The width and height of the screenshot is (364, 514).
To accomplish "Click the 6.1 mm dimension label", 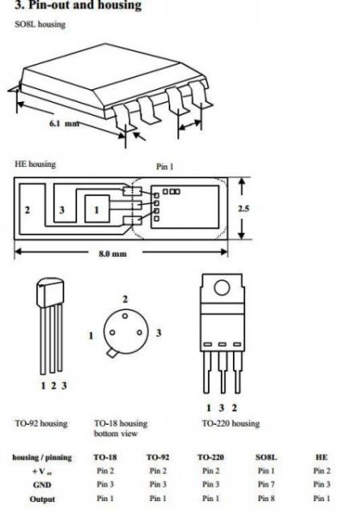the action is click(64, 123).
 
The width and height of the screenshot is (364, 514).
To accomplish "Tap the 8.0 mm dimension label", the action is click(112, 254).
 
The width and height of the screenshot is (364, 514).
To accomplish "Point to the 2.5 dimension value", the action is click(243, 208).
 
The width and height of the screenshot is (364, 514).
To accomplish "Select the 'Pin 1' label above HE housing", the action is click(164, 166).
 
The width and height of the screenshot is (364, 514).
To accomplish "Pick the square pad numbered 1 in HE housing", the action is click(97, 209).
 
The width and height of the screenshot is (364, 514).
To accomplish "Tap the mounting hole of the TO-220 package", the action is click(222, 288).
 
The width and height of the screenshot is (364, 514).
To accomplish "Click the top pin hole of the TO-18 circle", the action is click(125, 316).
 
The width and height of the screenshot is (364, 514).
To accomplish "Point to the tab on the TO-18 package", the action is click(111, 353).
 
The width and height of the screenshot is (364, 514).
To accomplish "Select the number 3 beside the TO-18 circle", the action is click(158, 333).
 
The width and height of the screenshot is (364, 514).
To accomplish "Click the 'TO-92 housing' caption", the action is click(41, 423).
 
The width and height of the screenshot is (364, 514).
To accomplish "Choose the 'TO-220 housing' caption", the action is click(230, 423).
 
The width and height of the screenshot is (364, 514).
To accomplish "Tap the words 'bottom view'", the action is click(116, 433).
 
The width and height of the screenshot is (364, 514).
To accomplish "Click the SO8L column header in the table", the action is click(266, 457).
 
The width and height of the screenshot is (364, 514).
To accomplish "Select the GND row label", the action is click(42, 485).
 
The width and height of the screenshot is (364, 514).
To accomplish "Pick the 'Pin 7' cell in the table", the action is click(266, 484).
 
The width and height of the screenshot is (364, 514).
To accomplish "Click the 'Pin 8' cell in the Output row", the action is click(266, 499).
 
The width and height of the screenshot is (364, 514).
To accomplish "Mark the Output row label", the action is click(42, 499).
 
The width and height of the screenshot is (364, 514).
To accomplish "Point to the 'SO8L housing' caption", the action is click(40, 24).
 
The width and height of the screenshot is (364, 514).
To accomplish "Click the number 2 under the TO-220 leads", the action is click(234, 408).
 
